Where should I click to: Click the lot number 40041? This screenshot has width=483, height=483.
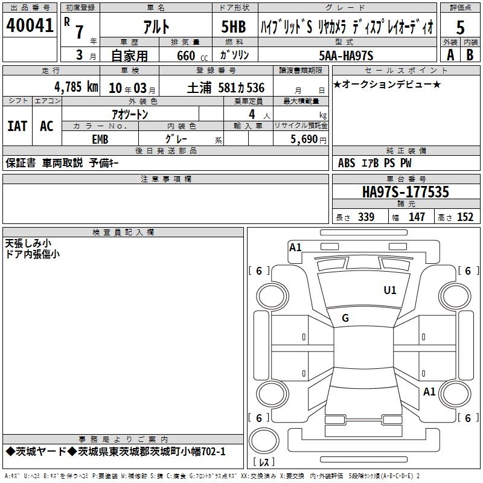(30, 25)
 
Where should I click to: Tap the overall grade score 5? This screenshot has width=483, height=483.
(460, 28)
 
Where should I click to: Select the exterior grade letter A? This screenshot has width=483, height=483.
(450, 55)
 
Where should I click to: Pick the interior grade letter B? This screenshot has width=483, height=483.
(470, 55)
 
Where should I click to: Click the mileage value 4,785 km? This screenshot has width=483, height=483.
(77, 87)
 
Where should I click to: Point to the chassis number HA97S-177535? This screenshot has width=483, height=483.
(406, 192)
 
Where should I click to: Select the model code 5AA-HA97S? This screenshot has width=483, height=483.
(346, 56)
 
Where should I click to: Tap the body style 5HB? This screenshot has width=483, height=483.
(234, 27)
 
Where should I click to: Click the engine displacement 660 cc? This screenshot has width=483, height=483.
(192, 56)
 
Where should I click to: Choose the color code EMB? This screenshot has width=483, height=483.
(100, 139)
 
